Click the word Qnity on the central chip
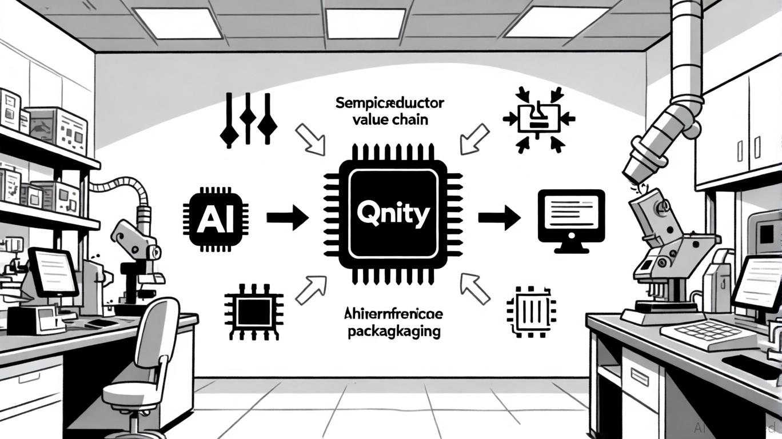(392, 215)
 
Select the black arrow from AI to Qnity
(287, 218)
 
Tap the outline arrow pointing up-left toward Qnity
(474, 288)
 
